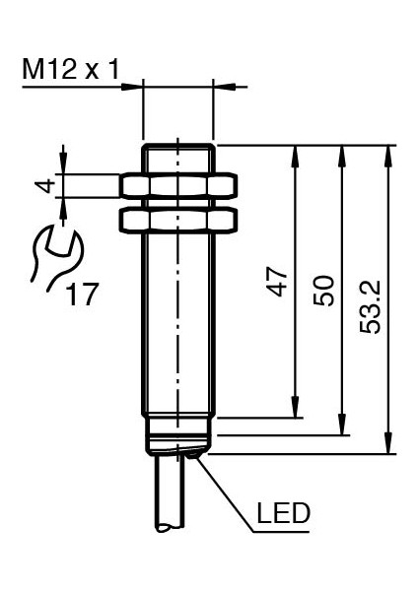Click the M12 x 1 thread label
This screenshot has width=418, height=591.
[x=71, y=69]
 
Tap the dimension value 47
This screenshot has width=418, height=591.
[x=277, y=282]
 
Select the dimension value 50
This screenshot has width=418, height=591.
[x=323, y=291]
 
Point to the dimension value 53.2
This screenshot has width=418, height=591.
[x=370, y=306]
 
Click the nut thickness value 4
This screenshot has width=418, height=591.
[x=45, y=186]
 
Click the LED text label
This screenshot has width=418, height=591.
[x=283, y=513]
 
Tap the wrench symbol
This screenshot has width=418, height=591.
[x=56, y=258]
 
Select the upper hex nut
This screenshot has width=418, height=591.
[x=178, y=185]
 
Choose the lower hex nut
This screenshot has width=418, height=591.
[x=178, y=220]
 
